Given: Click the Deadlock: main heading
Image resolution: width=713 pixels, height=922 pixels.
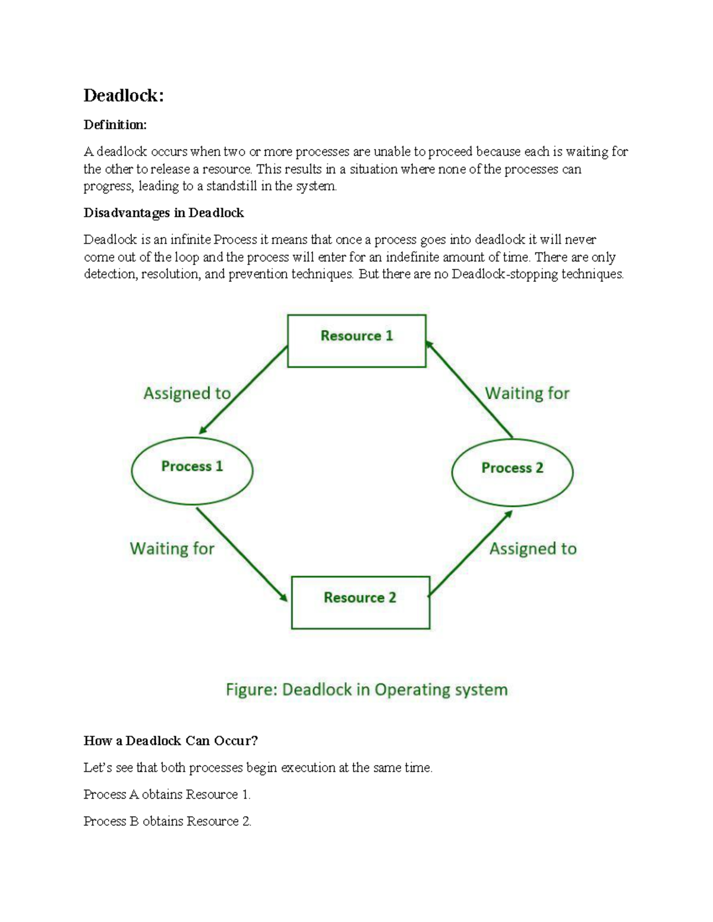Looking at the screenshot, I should tap(124, 96).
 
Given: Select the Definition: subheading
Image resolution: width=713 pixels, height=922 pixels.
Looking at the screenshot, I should tap(115, 125).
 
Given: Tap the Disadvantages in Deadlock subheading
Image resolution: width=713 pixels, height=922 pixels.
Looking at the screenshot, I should tap(163, 213).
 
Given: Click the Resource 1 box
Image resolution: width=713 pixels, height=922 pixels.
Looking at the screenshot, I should tap(356, 341).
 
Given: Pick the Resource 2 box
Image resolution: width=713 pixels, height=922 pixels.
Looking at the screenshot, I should tap(360, 602).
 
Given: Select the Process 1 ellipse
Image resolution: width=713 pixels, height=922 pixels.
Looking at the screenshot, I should tap(192, 471).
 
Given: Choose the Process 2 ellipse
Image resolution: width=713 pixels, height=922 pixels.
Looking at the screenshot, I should tap(512, 473).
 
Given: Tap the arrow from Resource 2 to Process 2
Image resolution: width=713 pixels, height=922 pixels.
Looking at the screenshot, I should tap(470, 553).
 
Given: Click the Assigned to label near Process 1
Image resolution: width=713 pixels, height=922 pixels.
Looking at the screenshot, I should tap(187, 393).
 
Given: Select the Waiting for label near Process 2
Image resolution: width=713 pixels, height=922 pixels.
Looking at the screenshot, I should tap(527, 393).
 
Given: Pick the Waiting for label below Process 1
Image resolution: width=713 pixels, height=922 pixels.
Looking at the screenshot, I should tap(172, 548).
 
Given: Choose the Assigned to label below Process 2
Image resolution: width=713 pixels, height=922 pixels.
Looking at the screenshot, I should tap(533, 549).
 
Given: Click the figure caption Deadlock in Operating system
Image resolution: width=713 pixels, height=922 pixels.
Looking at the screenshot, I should tap(367, 690).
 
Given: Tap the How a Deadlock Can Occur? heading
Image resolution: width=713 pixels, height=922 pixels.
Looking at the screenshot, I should tap(171, 740).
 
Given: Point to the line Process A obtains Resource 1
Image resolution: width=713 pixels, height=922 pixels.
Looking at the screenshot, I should tap(167, 794).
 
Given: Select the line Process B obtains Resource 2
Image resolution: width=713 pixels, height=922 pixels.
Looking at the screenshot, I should tap(167, 821).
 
